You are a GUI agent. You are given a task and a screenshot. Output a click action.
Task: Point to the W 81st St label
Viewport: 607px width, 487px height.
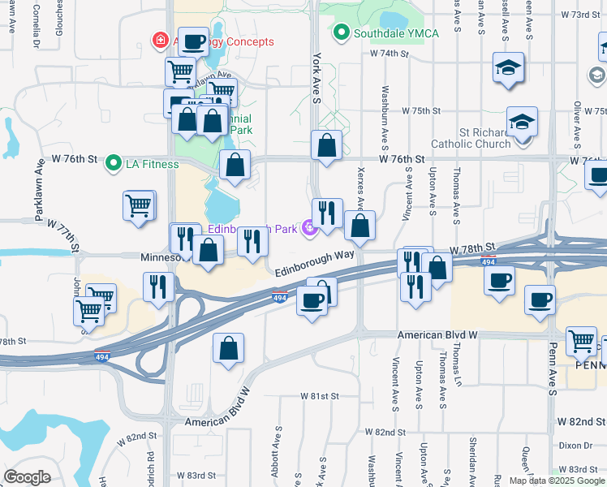[x=318, y=396]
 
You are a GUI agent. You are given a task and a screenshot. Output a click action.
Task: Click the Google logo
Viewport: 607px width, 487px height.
[x=27, y=477]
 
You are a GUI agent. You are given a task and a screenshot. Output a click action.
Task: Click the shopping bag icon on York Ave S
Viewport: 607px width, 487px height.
[x=326, y=146]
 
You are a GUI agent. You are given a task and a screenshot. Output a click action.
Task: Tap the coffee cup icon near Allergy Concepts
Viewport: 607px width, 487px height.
[x=195, y=41]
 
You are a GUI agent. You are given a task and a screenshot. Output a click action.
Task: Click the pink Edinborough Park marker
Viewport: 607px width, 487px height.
[x=308, y=230]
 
